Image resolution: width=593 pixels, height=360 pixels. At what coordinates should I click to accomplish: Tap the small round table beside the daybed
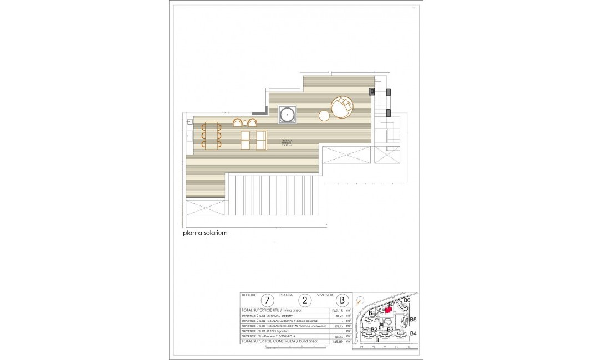pos(324,116)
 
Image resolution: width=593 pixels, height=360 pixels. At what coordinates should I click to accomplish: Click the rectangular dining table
pos(212,135)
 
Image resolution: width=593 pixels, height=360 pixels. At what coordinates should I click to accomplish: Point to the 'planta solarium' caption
pos(205,233)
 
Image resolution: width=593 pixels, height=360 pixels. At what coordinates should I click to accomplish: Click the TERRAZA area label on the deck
pos(287,142)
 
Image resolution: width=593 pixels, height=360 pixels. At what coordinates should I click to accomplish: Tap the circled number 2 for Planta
pos(304,300)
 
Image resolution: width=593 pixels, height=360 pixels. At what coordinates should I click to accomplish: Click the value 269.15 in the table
pos(337,311)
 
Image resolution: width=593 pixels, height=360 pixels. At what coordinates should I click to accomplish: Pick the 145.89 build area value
pos(337,341)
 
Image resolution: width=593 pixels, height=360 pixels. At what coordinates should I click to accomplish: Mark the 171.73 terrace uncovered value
pos(337,326)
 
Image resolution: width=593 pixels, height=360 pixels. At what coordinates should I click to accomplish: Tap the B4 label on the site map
pos(413,333)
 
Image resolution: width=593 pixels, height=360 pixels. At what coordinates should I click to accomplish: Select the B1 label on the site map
pos(372,313)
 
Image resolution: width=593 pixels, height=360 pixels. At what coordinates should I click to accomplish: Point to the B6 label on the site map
pos(407,300)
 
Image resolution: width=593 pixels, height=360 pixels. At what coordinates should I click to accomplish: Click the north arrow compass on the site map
pos(361,301)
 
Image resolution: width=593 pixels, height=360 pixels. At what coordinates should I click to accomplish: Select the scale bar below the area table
pos(280,348)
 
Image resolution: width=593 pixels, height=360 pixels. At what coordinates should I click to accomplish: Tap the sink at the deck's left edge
pos(190,121)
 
